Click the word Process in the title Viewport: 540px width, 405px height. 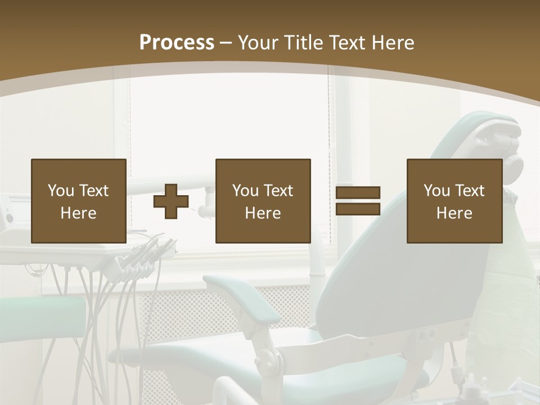click(x=177, y=43)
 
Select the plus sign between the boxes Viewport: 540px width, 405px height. click(x=171, y=201)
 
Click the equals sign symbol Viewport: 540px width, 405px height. click(x=358, y=201)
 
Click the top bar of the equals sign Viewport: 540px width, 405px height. click(x=358, y=193)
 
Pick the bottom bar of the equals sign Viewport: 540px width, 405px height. click(x=358, y=209)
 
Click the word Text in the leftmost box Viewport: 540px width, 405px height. click(x=94, y=191)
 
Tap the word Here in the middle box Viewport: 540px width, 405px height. click(x=263, y=213)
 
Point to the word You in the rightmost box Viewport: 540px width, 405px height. click(x=436, y=191)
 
